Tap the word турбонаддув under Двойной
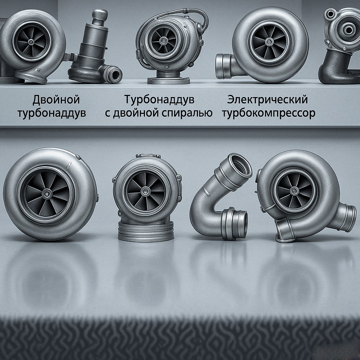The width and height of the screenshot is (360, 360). coord(52,113)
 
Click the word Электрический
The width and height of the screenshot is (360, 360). coord(267,99)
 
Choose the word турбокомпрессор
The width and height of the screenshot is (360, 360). coord(269,113)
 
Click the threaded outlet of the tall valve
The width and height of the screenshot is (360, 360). coord(112,73)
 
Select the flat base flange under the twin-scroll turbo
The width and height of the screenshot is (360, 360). coord(168,81)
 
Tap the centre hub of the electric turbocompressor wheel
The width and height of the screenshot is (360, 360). coord(270,42)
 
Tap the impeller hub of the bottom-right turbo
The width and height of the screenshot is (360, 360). coord(295,190)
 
